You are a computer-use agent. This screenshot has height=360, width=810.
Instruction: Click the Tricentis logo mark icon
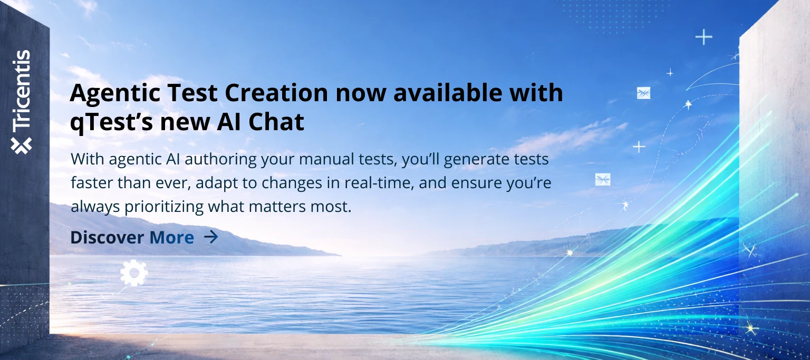21,145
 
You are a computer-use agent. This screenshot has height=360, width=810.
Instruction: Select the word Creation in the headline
276,93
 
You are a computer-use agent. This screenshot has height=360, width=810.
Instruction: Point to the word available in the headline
448,93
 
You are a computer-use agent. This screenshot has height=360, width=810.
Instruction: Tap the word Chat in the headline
276,122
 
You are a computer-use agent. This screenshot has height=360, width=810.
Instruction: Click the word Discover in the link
107,238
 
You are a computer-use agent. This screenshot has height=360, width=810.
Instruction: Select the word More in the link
172,238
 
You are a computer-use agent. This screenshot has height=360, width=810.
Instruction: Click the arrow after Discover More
211,237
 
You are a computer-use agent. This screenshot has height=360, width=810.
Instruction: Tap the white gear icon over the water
134,273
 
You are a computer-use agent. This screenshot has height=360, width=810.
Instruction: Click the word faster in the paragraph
92,183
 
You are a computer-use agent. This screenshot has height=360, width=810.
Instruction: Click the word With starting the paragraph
88,159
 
